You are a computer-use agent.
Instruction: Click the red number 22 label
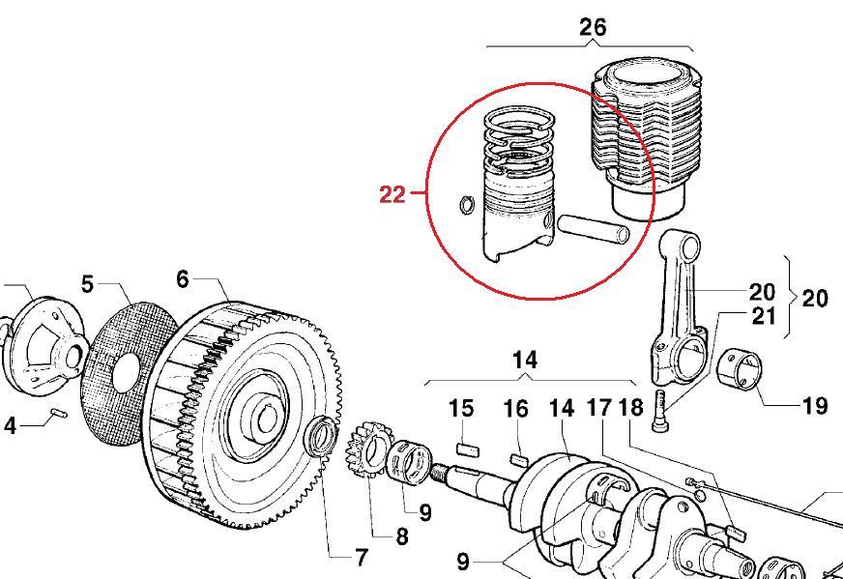click(x=392, y=194)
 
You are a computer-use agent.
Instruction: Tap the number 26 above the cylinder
click(x=592, y=27)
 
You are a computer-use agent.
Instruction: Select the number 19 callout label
click(x=815, y=405)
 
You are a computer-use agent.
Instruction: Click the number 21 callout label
click(x=763, y=315)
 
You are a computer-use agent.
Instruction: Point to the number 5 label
click(x=88, y=284)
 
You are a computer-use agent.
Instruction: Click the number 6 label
click(x=183, y=278)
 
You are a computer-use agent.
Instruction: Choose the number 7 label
click(x=361, y=557)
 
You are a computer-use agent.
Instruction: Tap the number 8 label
click(x=401, y=536)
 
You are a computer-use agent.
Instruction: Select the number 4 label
click(x=10, y=424)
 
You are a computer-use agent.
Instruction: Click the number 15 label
click(x=462, y=408)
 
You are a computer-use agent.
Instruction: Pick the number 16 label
click(x=516, y=409)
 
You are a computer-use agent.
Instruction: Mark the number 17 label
click(x=599, y=408)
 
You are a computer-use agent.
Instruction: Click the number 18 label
click(x=629, y=408)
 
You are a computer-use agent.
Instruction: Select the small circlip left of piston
click(x=465, y=205)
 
